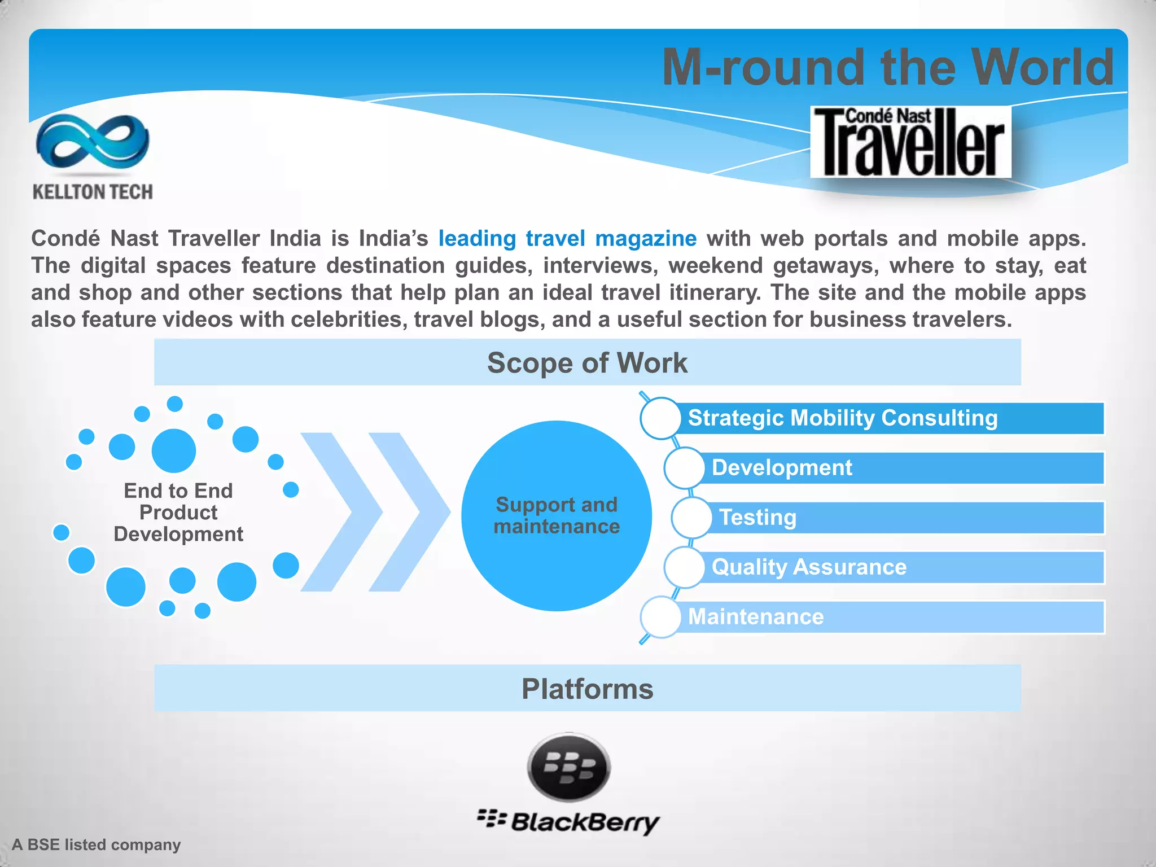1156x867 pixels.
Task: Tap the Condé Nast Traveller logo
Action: pos(910,142)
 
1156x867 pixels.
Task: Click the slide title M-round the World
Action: pos(888,67)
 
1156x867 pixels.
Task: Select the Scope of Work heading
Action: pos(587,362)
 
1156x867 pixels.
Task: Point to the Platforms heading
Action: pos(587,689)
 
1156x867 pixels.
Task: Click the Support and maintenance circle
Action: pos(557,516)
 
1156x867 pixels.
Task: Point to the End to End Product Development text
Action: pos(178,513)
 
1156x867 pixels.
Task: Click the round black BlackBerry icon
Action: pos(569,768)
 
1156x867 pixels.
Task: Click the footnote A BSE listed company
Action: pos(97,845)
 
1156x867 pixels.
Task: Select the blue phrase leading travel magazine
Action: pos(567,239)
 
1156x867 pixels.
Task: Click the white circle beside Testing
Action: pos(691,518)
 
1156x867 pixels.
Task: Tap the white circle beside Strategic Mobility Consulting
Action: pos(660,418)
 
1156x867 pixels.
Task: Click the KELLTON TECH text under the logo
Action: pos(93,192)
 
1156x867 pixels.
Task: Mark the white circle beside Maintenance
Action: pos(660,617)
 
